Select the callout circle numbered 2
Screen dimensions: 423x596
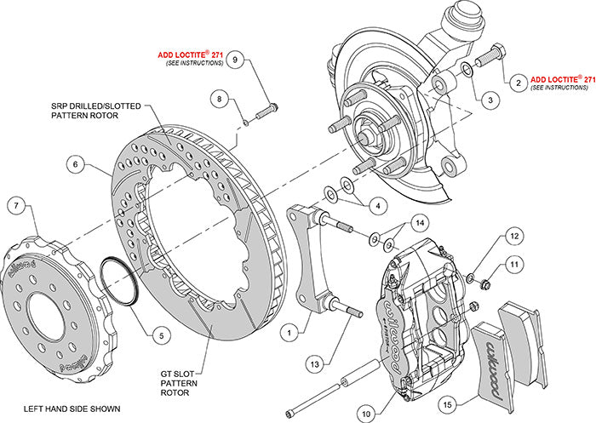tap(515, 83)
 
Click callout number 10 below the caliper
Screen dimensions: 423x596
tap(367, 391)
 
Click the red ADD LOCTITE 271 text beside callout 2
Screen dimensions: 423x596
tap(561, 77)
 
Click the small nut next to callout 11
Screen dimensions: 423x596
tap(483, 280)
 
